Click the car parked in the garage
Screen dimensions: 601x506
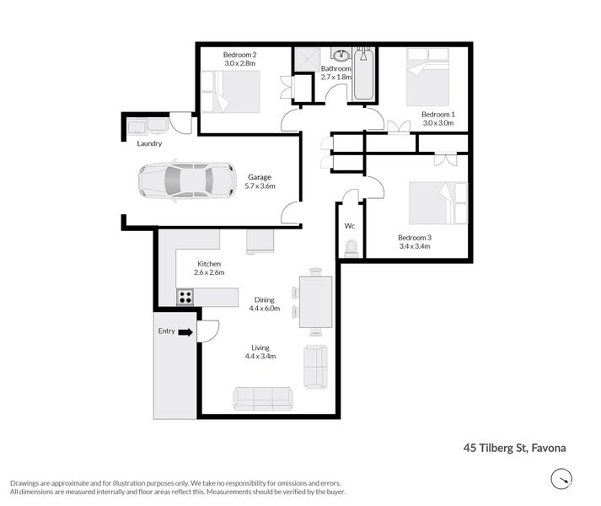tap(187, 181)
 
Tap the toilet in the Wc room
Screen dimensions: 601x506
tap(351, 248)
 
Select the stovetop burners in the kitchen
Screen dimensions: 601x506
tap(185, 298)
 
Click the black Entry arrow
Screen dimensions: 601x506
tap(186, 332)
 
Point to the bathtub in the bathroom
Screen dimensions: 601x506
tap(363, 75)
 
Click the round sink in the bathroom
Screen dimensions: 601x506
tap(340, 56)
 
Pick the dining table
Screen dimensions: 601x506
tap(315, 302)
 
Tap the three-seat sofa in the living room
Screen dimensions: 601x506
tap(263, 399)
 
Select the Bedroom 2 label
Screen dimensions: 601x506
tap(240, 55)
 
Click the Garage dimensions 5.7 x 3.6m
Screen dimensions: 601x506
tap(260, 186)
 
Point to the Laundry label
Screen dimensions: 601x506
tap(149, 143)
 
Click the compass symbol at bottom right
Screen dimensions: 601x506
tap(561, 479)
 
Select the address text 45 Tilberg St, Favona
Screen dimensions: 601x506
tap(514, 448)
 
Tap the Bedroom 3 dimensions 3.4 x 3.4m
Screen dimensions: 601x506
tap(415, 246)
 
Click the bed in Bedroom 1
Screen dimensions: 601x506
tap(427, 77)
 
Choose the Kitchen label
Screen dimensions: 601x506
tap(209, 264)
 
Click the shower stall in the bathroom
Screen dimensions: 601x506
tap(307, 59)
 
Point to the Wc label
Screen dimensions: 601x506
tap(350, 226)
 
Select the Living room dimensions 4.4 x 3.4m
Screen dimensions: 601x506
tap(260, 356)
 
